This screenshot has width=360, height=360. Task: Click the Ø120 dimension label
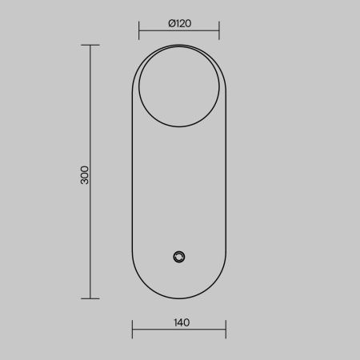click(x=180, y=23)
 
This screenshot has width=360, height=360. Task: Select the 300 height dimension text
click(x=85, y=175)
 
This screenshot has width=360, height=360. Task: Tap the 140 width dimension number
click(x=182, y=322)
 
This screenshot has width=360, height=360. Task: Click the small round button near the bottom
click(x=179, y=257)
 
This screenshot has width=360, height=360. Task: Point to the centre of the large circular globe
click(x=179, y=86)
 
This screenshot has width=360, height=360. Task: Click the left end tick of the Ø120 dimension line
click(x=139, y=30)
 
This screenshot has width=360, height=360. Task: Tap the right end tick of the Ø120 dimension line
click(x=219, y=30)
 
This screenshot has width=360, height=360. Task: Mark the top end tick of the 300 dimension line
click(x=90, y=45)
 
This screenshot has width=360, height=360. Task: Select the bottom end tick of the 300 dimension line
click(x=90, y=298)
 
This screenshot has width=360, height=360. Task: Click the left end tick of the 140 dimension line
click(x=132, y=330)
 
